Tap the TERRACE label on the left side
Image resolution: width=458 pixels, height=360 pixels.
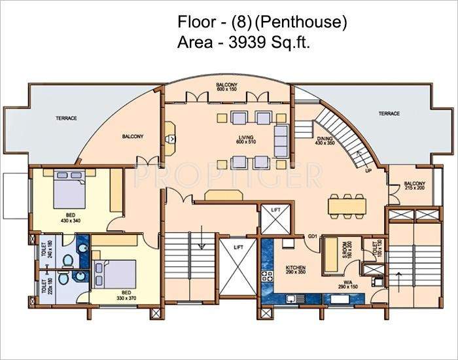pos(67,118)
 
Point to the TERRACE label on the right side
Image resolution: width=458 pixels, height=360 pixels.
pos(389,114)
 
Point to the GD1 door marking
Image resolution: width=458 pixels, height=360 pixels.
pos(313,236)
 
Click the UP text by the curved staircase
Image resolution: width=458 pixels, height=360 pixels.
pos(368,171)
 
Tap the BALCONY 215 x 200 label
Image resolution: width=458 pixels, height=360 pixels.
pos(414,185)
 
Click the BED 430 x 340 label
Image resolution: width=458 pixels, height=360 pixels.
pos(71,217)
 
